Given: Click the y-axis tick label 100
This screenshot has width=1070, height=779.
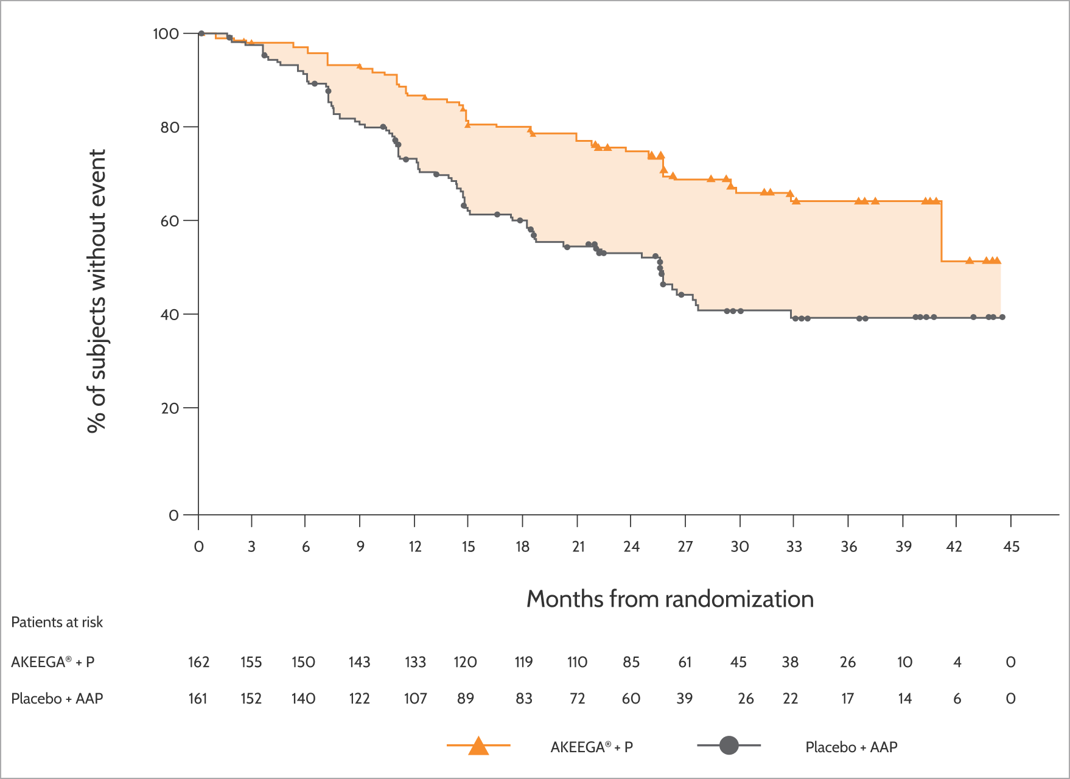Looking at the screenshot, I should [x=166, y=33].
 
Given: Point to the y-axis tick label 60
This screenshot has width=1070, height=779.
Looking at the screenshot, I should [x=170, y=221].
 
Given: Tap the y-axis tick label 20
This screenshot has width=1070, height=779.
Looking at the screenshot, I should [x=170, y=408].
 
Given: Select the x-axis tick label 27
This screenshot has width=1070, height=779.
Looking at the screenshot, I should [x=685, y=547].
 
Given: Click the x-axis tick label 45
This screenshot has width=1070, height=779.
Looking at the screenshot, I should [x=1011, y=547].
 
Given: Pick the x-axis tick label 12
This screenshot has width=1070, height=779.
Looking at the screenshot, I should [x=415, y=547].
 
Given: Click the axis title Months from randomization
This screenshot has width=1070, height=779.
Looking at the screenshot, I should [x=670, y=599].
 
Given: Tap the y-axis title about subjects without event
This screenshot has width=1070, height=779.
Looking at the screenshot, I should [x=97, y=291].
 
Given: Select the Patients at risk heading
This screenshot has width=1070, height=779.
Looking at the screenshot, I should [x=57, y=622].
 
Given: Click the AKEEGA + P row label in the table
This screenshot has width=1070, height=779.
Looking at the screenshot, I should [x=53, y=662].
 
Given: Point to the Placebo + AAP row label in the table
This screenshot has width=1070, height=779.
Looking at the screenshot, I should [x=57, y=699].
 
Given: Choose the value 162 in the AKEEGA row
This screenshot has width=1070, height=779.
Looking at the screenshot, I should [x=198, y=662].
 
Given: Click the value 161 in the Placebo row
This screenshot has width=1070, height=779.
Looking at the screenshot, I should [x=198, y=699].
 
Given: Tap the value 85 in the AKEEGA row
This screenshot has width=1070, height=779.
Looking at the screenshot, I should [x=631, y=662].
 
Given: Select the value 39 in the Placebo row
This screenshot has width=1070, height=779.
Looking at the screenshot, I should [x=685, y=699].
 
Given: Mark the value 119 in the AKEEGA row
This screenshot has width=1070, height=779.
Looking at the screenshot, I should [x=523, y=662].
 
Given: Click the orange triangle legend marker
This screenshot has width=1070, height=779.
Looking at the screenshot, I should [x=479, y=746].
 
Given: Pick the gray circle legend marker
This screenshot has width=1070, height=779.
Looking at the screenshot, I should [x=729, y=746].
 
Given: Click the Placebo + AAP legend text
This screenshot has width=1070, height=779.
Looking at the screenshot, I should [x=851, y=747].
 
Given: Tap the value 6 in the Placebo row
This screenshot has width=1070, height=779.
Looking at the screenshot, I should [x=957, y=699].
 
